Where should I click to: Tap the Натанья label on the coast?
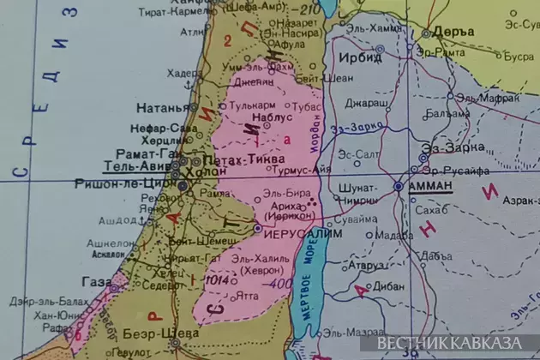coord(160,108)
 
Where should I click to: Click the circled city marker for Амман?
coord(399,185)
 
